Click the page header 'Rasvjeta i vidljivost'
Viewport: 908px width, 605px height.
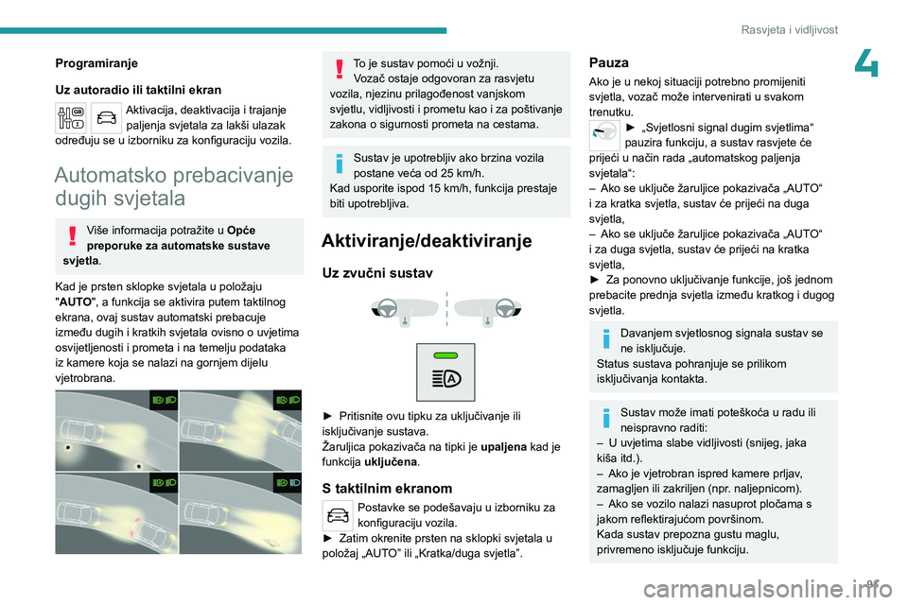pyautogui.click(x=789, y=29)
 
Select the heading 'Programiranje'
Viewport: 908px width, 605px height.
pyautogui.click(x=96, y=63)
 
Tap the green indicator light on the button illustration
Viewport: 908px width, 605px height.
pyautogui.click(x=445, y=355)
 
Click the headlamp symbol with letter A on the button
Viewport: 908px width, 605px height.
pyautogui.click(x=445, y=378)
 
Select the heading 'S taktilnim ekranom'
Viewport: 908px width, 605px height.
pyautogui.click(x=387, y=489)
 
